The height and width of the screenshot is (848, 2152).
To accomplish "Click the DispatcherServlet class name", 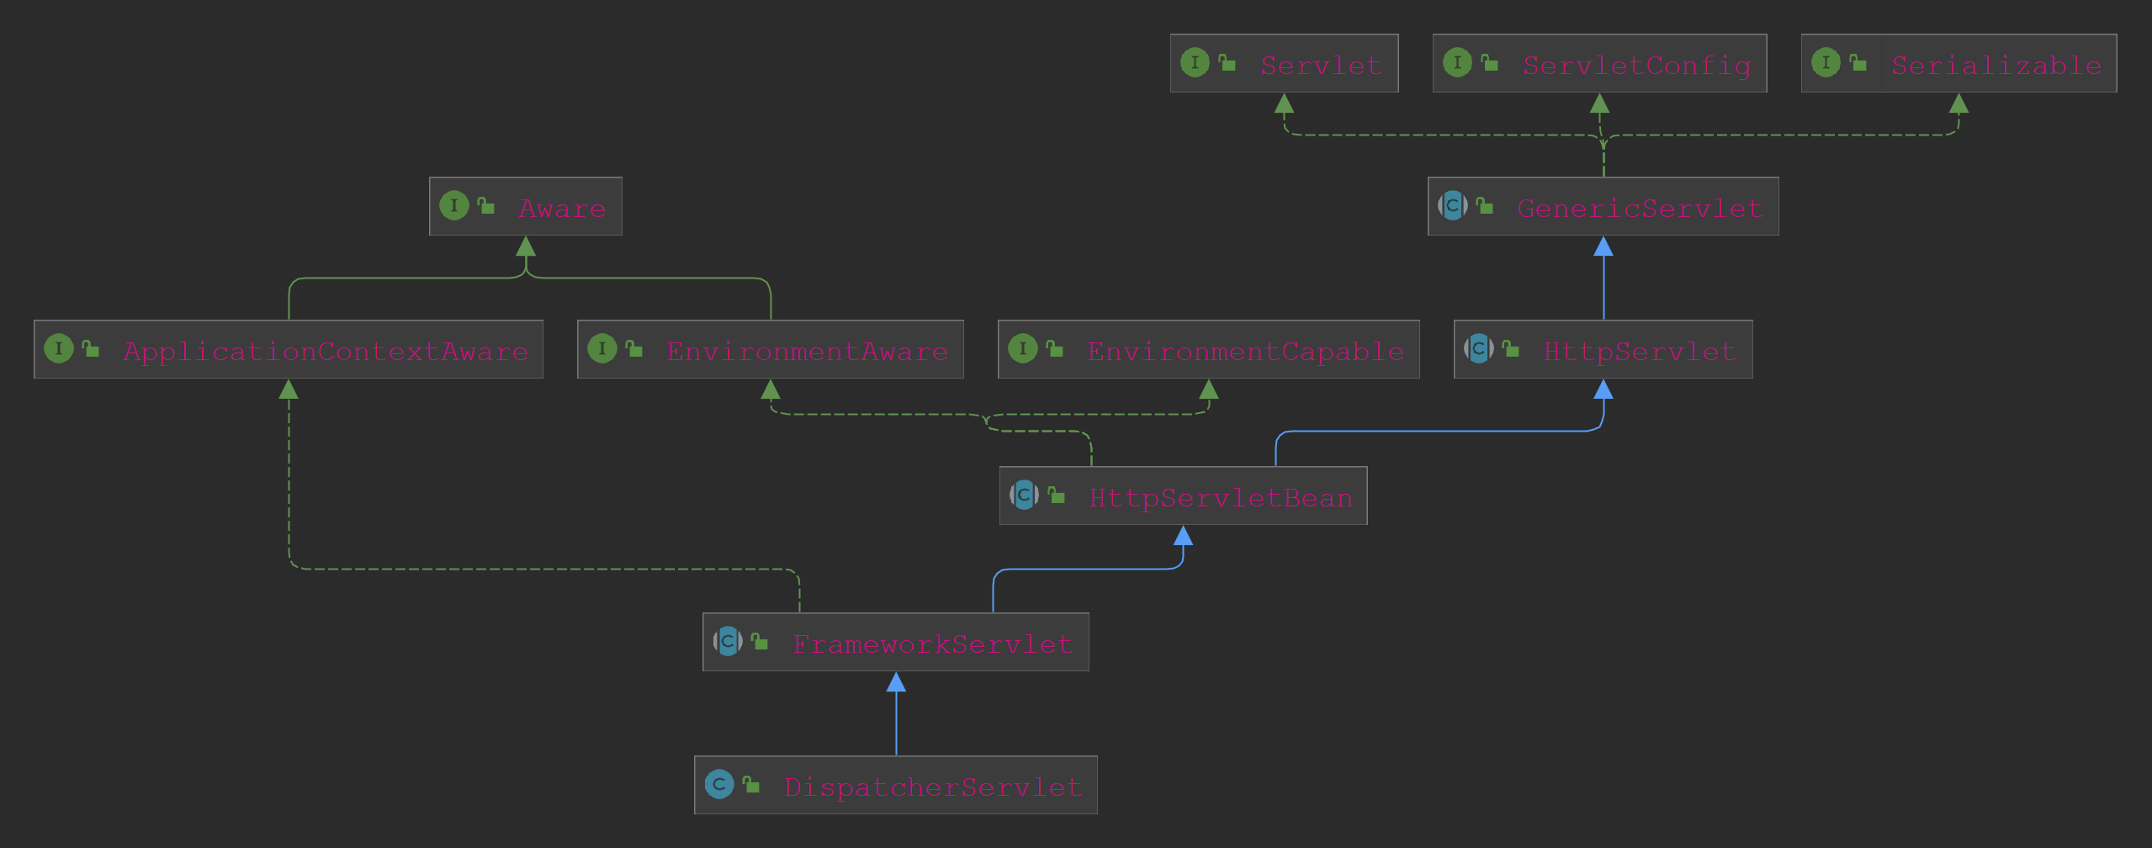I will tap(932, 787).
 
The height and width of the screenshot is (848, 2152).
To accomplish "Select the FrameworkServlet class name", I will tap(932, 644).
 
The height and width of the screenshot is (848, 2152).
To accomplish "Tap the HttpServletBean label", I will tap(1221, 497).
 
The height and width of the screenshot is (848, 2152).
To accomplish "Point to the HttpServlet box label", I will tap(1640, 351).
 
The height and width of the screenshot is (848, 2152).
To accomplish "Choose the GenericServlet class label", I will tap(1640, 208).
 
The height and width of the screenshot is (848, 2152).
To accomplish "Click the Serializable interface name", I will tap(1996, 65).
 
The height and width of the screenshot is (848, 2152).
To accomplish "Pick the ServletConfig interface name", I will tap(1636, 65).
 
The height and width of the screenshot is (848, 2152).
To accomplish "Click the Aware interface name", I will tap(562, 208).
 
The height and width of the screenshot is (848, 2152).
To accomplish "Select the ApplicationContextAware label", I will tap(326, 351).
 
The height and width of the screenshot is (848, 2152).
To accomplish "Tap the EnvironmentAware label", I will tap(807, 351).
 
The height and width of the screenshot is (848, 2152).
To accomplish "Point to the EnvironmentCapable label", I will tap(1245, 351).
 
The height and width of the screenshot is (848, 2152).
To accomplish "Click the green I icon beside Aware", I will tap(454, 205).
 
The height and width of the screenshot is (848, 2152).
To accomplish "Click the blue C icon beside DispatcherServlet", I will tap(719, 784).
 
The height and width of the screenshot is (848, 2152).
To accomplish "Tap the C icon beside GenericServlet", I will tap(1453, 205).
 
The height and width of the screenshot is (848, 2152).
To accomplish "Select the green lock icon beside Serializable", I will tap(1858, 62).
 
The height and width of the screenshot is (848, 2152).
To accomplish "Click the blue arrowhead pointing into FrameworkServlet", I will tap(896, 682).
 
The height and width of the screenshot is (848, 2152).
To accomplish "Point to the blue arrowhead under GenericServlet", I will tap(1603, 246).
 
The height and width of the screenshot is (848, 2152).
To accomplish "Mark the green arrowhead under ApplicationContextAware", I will tap(289, 390).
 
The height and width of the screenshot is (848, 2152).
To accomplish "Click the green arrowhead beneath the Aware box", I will tap(526, 246).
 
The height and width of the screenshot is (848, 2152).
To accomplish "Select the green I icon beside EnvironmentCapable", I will tap(1023, 348).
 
